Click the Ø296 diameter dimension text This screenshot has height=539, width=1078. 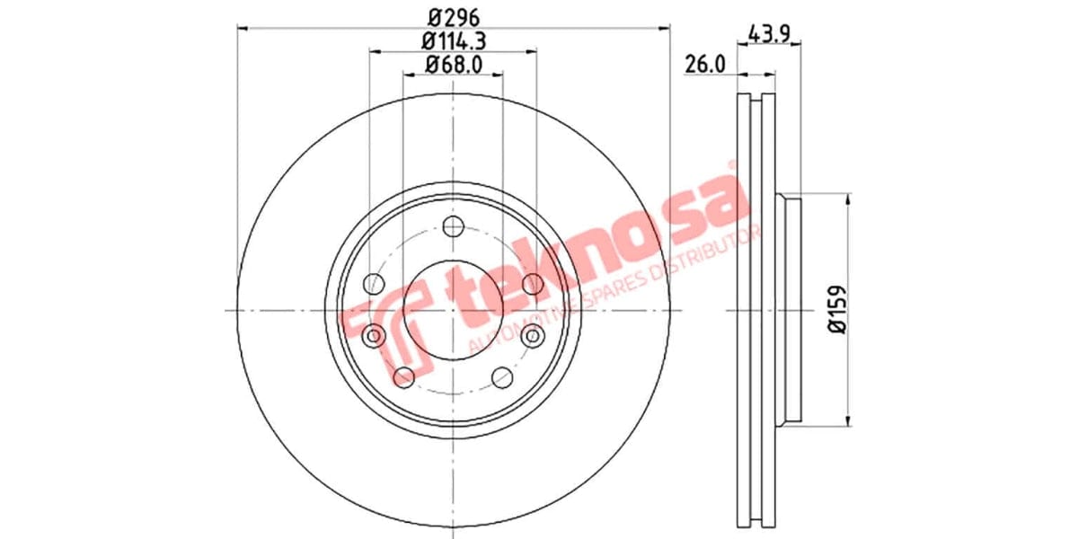point(453,16)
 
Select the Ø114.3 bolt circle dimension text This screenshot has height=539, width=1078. point(453,40)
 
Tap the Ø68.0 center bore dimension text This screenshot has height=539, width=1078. point(453,64)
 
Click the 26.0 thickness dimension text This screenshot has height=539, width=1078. point(704,64)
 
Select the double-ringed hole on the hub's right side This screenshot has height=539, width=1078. point(534,336)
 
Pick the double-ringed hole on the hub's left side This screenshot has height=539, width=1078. point(374,336)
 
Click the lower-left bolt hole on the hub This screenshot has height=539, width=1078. point(404,376)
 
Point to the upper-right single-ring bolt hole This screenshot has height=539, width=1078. point(532,285)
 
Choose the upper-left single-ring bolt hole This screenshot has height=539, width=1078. point(375,285)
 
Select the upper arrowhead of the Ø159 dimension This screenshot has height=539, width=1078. point(849,199)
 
